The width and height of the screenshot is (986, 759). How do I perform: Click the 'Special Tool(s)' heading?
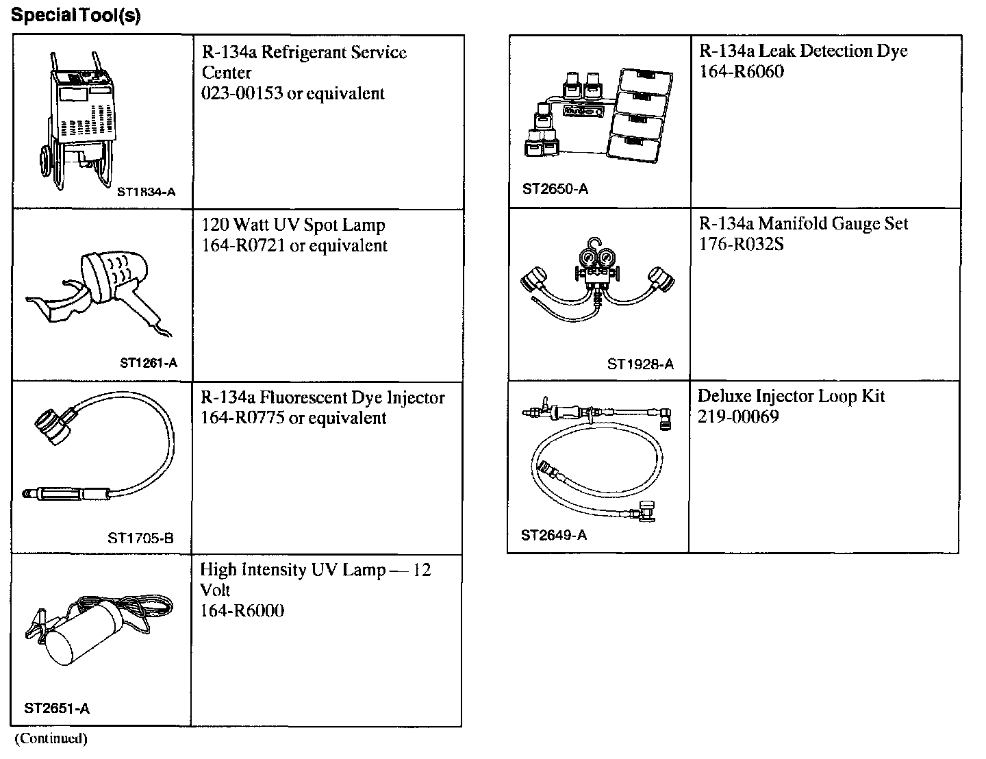76,16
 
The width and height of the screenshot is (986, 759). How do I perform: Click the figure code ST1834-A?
146,192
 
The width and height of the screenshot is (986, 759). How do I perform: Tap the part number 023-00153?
242,94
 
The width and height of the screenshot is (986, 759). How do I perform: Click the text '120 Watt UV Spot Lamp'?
293,225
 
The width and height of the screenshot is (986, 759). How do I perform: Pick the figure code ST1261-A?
148,363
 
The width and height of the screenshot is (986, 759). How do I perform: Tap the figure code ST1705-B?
140,538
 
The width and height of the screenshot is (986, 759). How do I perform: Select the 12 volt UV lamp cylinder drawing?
82,634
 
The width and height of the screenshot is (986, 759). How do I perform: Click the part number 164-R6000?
242,611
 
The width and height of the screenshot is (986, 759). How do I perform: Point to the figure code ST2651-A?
57,708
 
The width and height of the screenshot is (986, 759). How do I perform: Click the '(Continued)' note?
51,738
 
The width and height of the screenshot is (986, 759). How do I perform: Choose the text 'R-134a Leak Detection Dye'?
803,51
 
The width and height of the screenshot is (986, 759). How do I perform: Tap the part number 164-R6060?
741,72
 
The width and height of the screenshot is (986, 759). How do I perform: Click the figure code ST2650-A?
555,189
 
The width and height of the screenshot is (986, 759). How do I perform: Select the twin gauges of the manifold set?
596,259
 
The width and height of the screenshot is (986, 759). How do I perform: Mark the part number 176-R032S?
741,245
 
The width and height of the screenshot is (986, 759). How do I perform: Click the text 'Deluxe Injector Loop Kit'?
792,397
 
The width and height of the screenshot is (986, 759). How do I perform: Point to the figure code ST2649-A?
553,535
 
